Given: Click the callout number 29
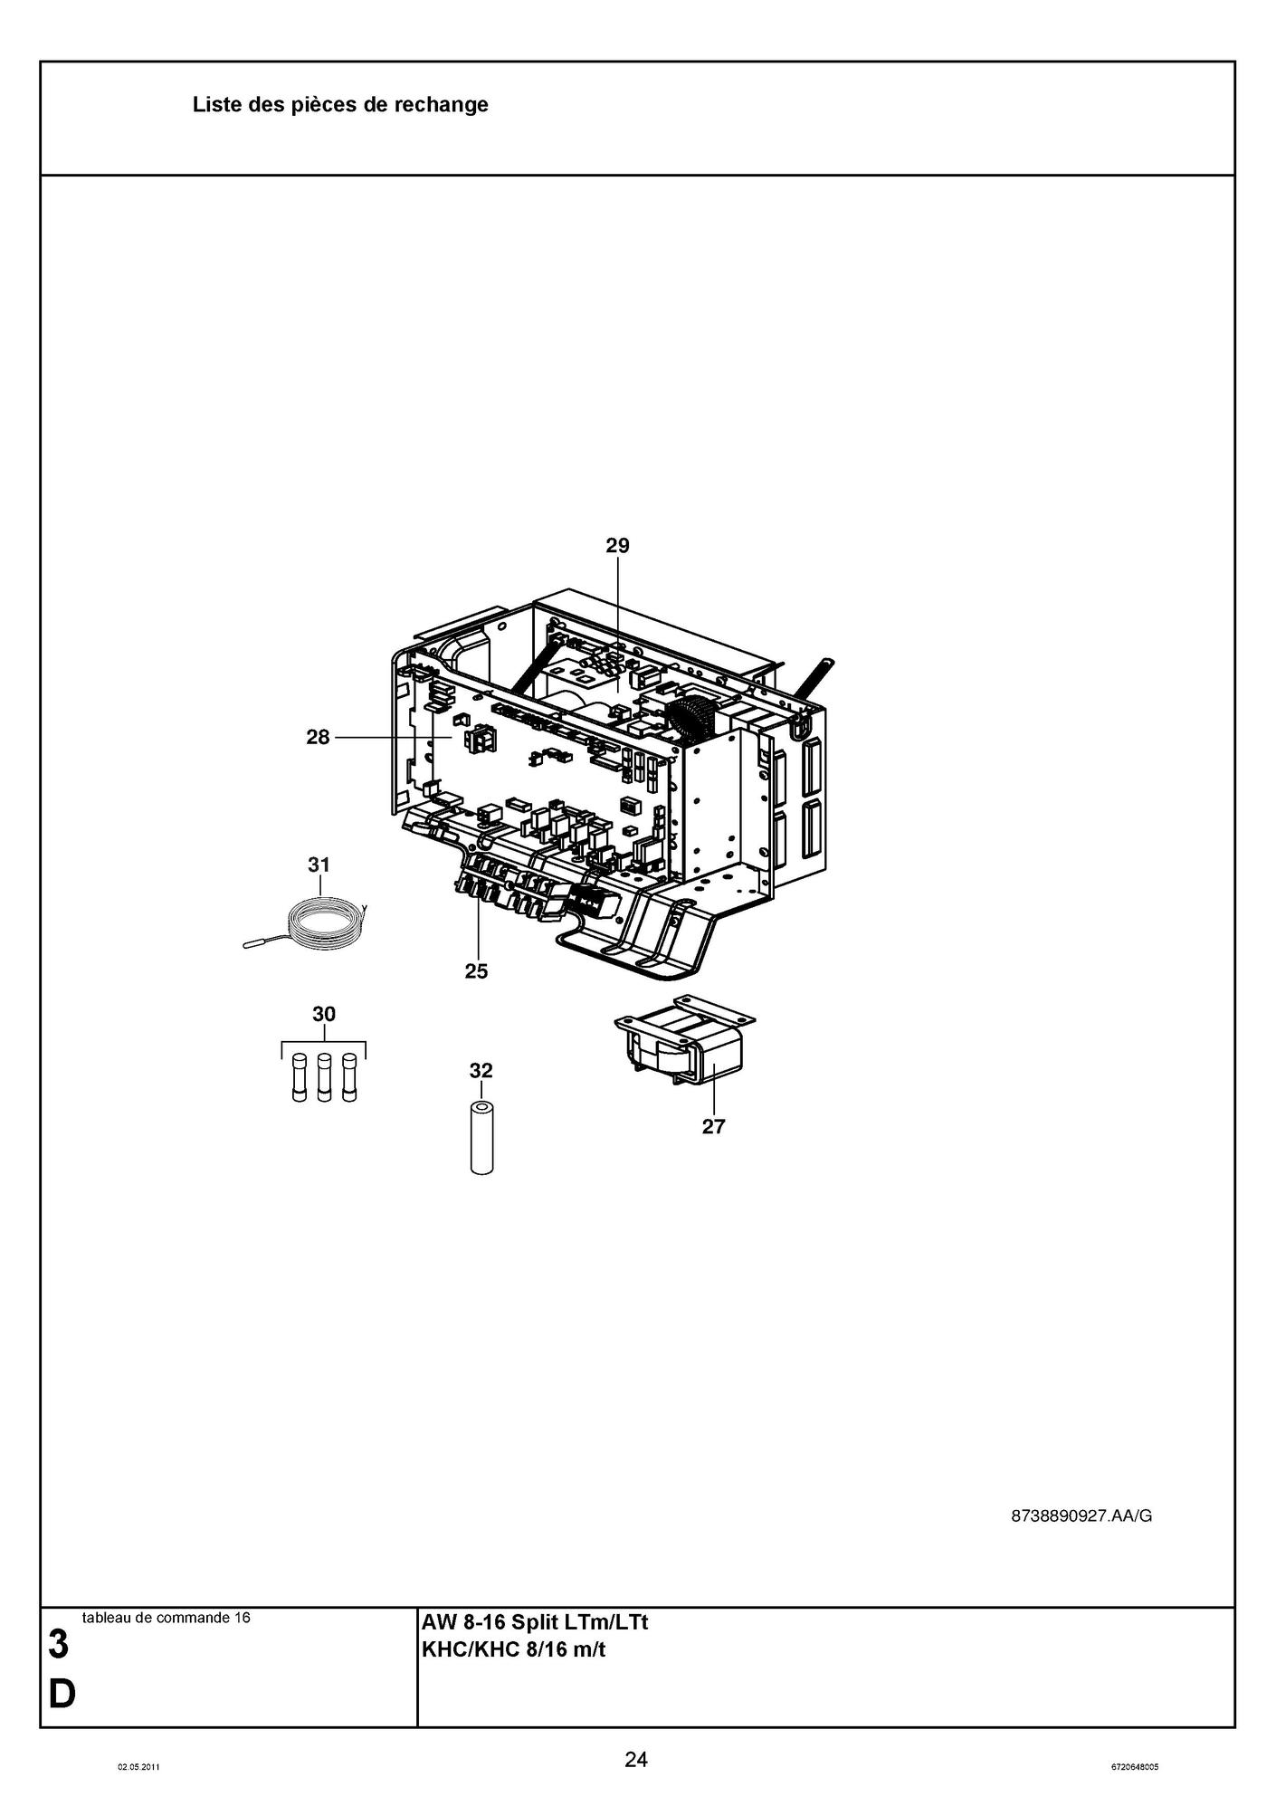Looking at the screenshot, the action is (617, 545).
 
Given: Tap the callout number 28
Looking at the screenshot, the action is (318, 737).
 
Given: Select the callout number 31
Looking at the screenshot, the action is (319, 865).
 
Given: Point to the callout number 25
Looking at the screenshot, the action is (476, 971).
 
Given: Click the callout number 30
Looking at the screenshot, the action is (324, 1014).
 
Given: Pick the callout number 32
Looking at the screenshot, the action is (481, 1071).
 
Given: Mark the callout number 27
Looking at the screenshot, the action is (714, 1126).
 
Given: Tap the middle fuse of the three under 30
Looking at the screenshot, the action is (324, 1077).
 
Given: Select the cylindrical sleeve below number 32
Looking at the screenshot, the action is (482, 1139).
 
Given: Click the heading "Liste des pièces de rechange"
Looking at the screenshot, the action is (340, 105).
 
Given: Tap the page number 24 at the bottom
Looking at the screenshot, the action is (636, 1760).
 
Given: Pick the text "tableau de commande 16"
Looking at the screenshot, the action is (166, 1618).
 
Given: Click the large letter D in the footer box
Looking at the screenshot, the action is (62, 1695).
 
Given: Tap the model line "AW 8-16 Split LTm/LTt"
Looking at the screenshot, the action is (536, 1622).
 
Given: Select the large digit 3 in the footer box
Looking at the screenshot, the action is (58, 1646).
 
